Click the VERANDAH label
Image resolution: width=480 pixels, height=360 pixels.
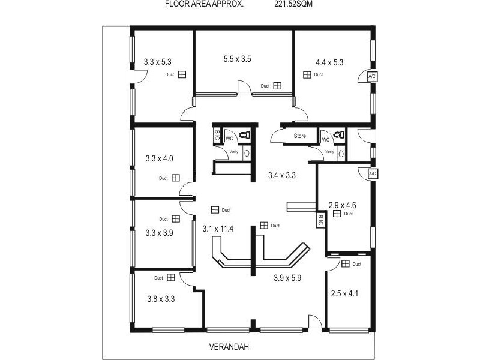point(229,347)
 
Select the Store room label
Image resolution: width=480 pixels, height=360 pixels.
point(299,136)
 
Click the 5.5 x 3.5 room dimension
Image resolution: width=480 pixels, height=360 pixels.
point(237,59)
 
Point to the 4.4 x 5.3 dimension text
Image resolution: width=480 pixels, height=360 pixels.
point(329,62)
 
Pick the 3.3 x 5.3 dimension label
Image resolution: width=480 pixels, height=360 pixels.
point(158,61)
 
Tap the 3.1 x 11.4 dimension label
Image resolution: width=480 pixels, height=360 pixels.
point(218,229)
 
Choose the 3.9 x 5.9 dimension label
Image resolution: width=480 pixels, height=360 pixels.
point(288,278)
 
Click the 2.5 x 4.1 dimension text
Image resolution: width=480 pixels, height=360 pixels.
point(344,293)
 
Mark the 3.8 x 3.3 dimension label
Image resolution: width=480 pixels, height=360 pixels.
point(161,298)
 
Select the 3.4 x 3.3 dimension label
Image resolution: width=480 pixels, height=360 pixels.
point(282,176)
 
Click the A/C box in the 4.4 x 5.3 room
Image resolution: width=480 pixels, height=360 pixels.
point(372,77)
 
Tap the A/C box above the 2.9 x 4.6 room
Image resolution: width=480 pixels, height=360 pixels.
point(372,174)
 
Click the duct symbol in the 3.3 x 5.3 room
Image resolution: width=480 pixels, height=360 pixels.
point(182,74)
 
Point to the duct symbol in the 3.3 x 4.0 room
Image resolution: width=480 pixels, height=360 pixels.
point(176,178)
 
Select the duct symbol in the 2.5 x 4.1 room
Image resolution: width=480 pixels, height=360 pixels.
point(346,263)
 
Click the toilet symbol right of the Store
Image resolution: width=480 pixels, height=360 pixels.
point(338,135)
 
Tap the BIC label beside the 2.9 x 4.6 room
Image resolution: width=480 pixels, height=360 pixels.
point(320,220)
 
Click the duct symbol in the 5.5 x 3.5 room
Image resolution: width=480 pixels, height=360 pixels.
point(277,86)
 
